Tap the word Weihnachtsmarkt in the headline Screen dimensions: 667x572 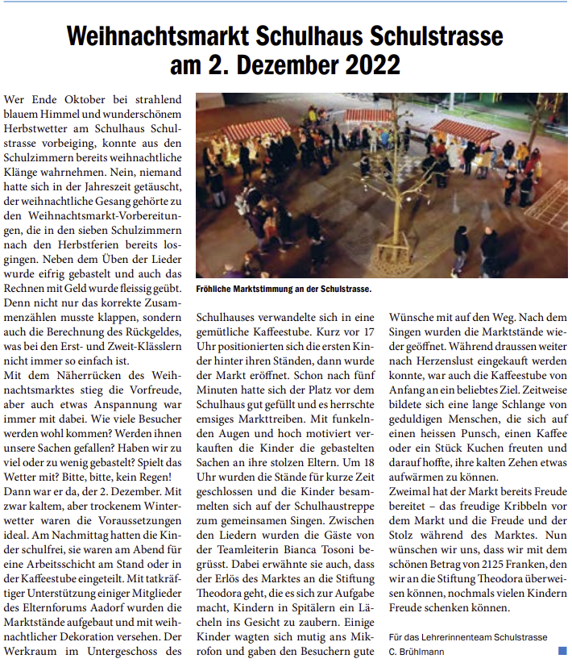(x=159, y=36)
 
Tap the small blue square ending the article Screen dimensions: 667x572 (x=562, y=649)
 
